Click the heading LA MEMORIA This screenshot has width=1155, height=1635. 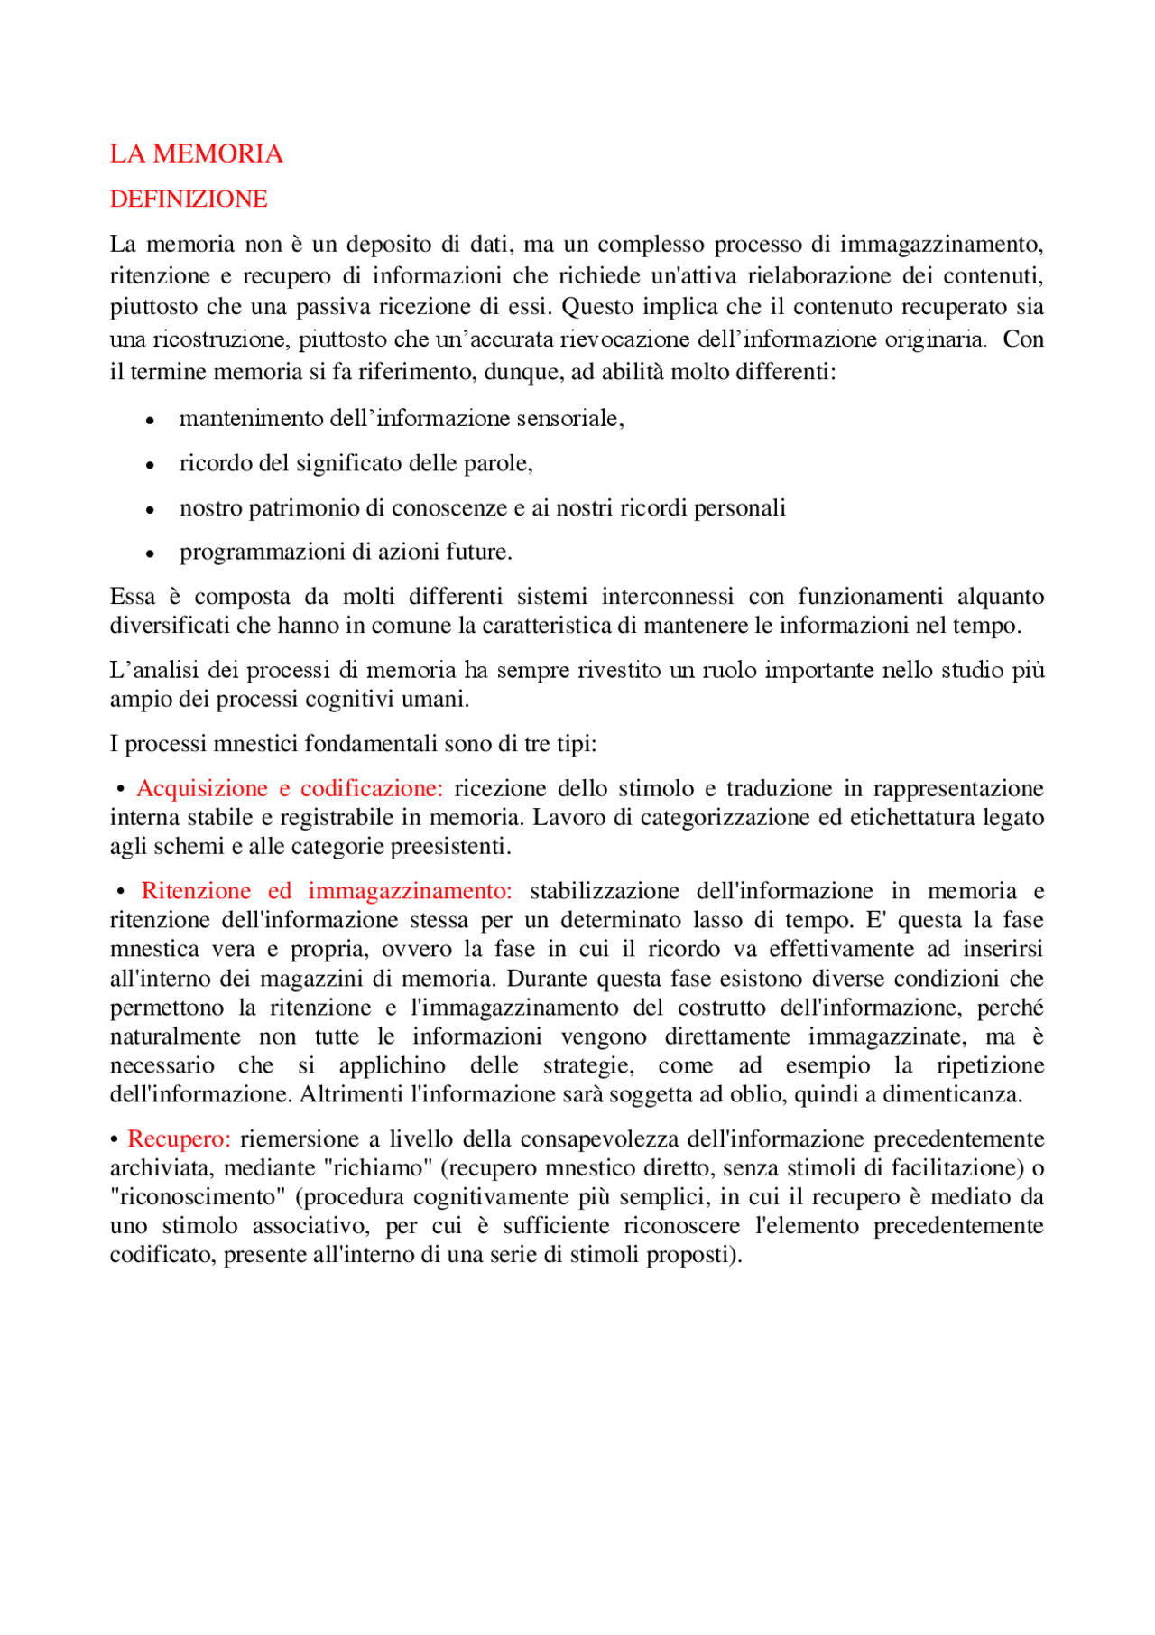[x=196, y=153]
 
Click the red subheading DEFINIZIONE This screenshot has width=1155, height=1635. [x=189, y=199]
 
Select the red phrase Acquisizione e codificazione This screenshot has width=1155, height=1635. [x=290, y=788]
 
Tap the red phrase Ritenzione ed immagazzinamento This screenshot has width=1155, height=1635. [x=327, y=891]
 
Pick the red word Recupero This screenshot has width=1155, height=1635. [x=179, y=1138]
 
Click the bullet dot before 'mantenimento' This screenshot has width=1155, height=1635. [x=151, y=421]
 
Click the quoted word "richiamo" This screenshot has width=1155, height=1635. [x=378, y=1167]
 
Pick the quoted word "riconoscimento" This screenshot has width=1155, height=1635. [x=197, y=1197]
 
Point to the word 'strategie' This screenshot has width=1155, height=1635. [x=588, y=1065]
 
